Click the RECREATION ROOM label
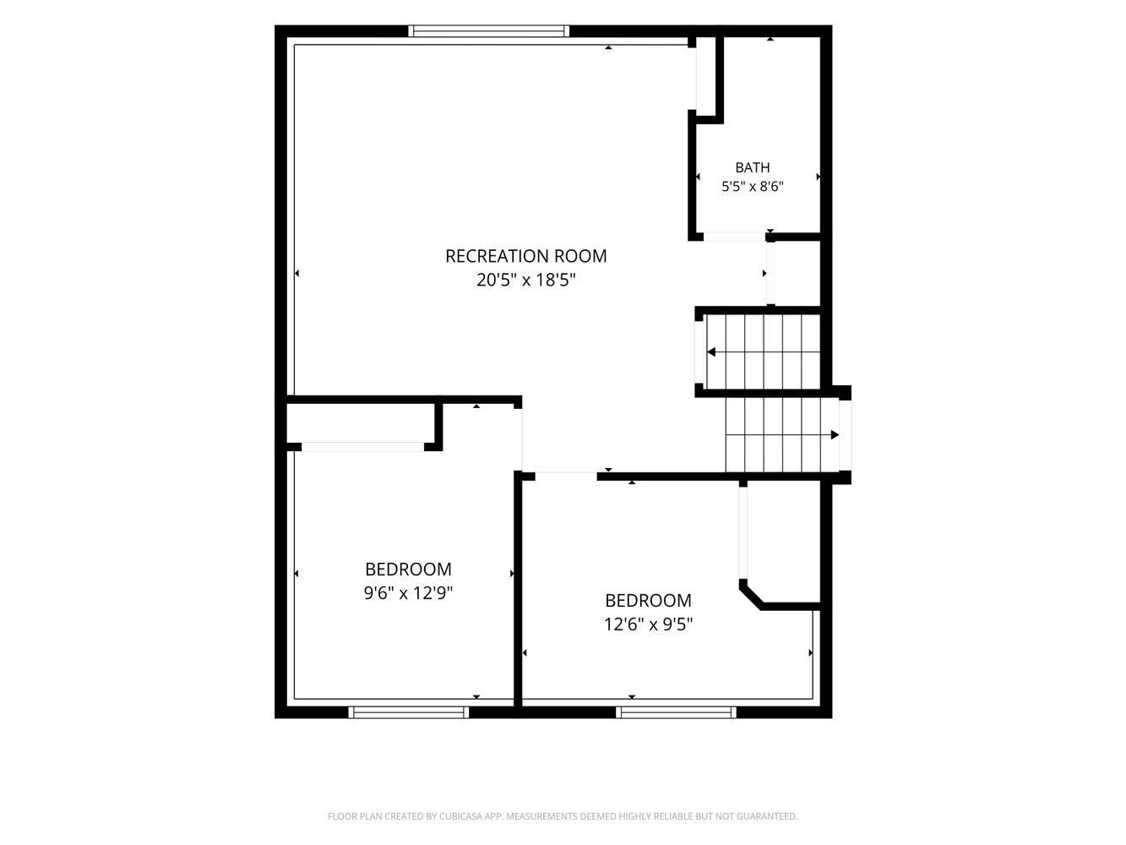coord(525,256)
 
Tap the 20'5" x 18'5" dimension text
coord(525,281)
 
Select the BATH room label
coord(752,167)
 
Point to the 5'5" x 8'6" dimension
coord(752,186)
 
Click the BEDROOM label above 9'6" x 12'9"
coord(408,569)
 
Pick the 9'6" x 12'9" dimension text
coord(408,593)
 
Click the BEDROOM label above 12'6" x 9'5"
coord(648,600)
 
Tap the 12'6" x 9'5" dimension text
coord(648,624)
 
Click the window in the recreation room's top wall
coord(488,30)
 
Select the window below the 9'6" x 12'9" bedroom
coord(408,712)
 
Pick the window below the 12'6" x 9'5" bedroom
coord(676,712)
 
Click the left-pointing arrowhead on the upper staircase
coord(711,352)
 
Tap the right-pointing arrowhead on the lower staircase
coord(835,435)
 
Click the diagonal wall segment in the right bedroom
coord(751,597)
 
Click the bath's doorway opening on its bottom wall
coord(734,237)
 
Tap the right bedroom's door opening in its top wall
coord(566,477)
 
